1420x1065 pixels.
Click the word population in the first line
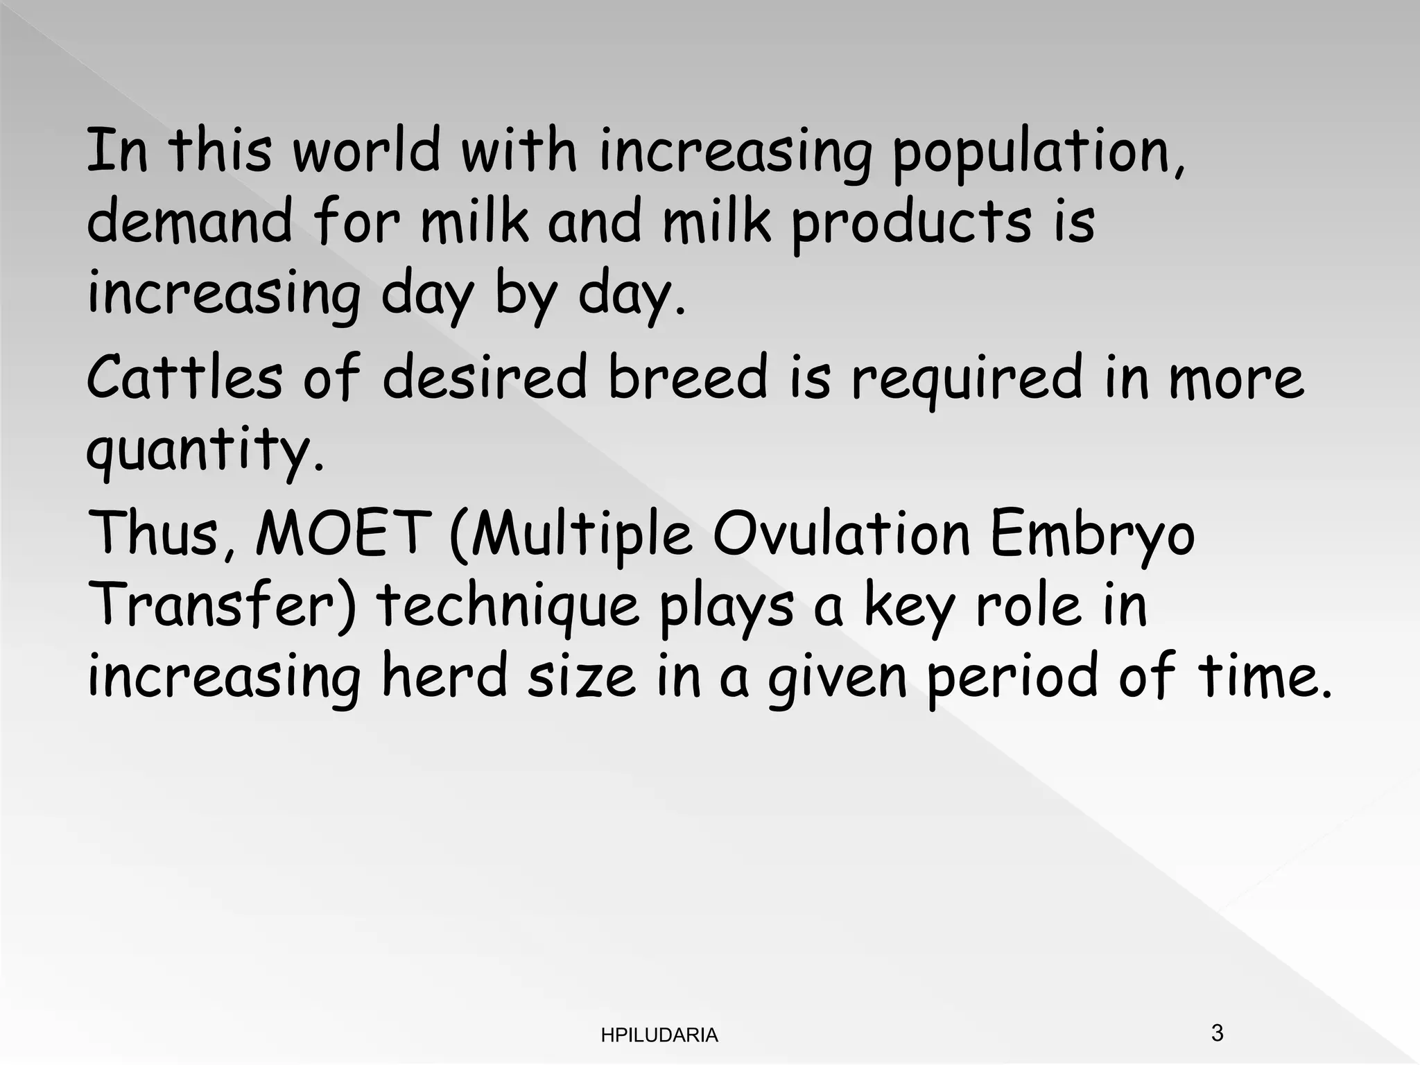point(1037,153)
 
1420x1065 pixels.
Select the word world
point(367,150)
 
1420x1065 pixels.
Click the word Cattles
point(184,377)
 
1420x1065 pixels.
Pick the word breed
point(688,377)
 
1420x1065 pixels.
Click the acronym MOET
point(340,532)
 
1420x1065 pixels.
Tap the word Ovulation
point(841,532)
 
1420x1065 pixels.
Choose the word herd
point(444,675)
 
